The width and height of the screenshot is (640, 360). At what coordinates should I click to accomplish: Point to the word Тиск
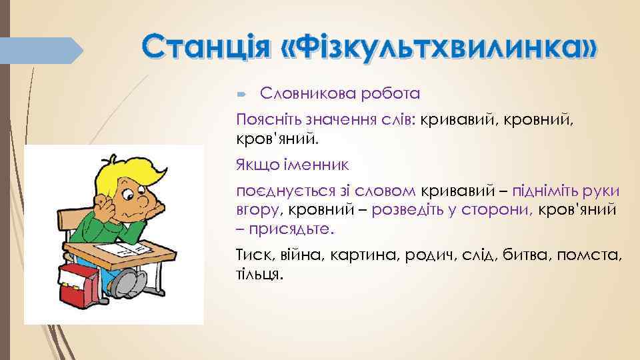tap(253, 255)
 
